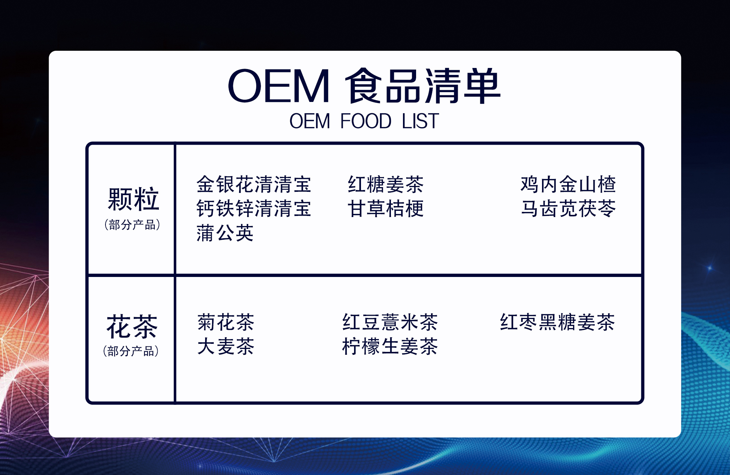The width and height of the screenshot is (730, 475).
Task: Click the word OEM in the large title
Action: [x=279, y=86]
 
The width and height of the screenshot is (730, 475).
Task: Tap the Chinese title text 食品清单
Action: [x=423, y=85]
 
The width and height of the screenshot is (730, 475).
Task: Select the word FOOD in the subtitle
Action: [x=366, y=121]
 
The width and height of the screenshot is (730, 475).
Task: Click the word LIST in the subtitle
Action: [x=420, y=121]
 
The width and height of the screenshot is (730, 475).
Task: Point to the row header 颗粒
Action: [x=134, y=199]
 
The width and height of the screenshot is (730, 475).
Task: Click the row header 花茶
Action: [x=132, y=327]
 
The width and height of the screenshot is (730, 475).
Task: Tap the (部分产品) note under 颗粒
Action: [x=132, y=224]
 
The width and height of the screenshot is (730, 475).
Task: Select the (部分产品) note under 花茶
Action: [x=131, y=351]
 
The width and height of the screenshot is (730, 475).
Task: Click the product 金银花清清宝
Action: [x=254, y=184]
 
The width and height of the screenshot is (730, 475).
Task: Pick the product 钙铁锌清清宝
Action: [x=254, y=209]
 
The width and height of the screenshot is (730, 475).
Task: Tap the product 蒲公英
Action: [x=225, y=233]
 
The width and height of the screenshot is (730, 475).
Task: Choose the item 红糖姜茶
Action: [x=386, y=184]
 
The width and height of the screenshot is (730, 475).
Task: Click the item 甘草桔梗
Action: [x=386, y=209]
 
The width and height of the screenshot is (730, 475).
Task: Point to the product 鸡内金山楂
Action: [x=568, y=184]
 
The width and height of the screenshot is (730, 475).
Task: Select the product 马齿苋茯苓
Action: [x=568, y=209]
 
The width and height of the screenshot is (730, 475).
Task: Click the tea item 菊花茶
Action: [x=226, y=322]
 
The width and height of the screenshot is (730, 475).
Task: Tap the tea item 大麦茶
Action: [x=226, y=346]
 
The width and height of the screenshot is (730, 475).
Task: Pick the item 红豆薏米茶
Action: [x=390, y=322]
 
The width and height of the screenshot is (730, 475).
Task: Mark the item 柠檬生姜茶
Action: [x=390, y=346]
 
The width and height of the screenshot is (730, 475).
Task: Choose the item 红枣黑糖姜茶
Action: [x=558, y=322]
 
